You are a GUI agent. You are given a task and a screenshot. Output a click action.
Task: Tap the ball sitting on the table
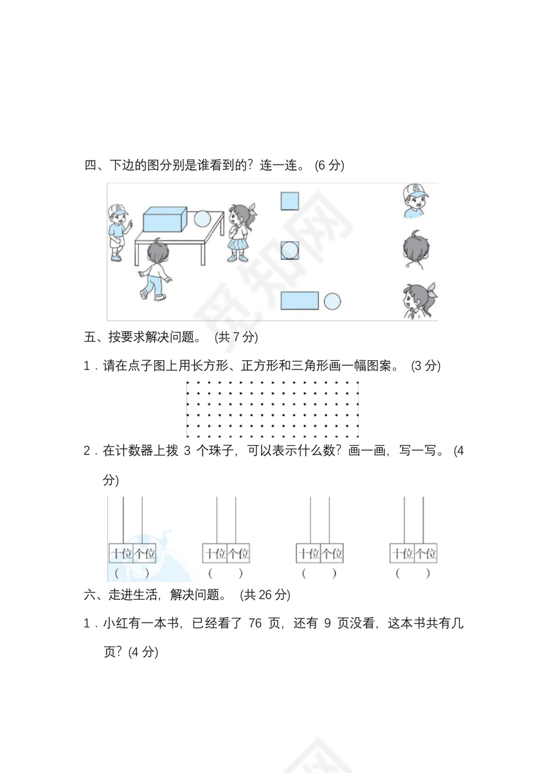(x=202, y=219)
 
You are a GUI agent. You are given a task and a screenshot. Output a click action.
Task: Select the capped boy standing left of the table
(x=117, y=231)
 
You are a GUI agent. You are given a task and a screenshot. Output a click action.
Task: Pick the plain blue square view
(x=290, y=201)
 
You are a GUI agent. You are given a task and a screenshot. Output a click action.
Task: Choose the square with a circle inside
(x=290, y=250)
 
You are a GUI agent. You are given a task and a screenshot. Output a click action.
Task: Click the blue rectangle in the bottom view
(x=299, y=300)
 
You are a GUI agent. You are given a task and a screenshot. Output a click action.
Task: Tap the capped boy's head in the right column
(x=414, y=201)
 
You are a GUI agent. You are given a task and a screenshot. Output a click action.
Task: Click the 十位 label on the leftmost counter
(x=120, y=554)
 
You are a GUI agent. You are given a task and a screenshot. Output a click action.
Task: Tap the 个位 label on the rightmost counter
(x=425, y=554)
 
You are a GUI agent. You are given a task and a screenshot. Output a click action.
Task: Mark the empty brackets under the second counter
(x=226, y=573)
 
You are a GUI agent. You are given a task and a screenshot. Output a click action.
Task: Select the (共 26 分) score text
(x=264, y=595)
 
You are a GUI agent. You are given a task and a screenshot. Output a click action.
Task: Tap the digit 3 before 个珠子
(x=186, y=451)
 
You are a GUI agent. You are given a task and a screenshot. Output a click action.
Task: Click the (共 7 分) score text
(x=236, y=337)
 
